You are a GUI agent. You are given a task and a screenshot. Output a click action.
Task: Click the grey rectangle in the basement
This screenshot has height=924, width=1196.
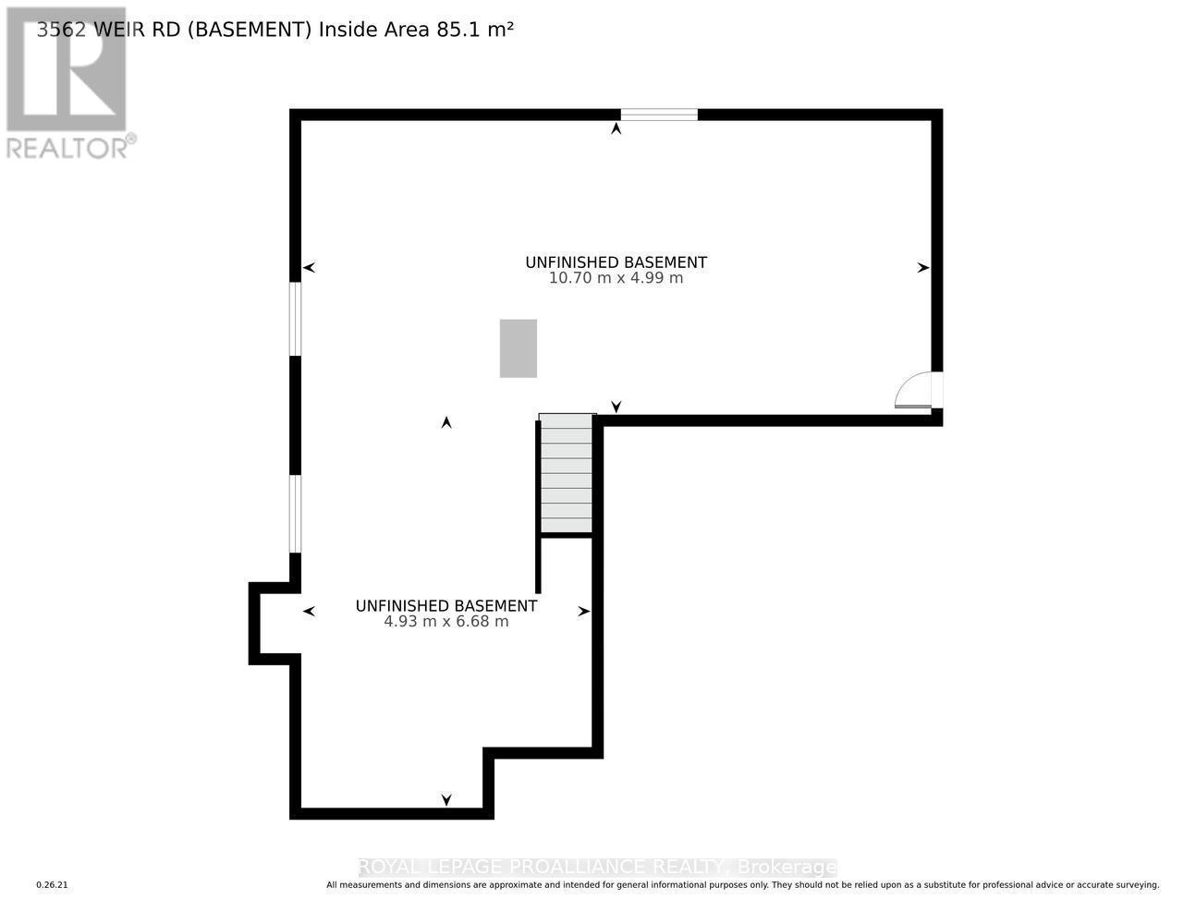[x=518, y=348]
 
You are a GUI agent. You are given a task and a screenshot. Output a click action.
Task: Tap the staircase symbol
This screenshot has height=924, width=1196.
[x=566, y=473]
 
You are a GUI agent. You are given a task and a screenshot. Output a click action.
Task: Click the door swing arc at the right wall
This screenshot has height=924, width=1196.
[x=913, y=389]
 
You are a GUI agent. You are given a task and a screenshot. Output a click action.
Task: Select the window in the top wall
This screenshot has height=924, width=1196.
[x=658, y=115]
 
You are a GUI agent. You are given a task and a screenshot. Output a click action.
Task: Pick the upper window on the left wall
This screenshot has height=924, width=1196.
[x=296, y=319]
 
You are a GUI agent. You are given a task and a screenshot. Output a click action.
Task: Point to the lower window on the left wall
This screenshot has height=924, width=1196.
[x=296, y=514]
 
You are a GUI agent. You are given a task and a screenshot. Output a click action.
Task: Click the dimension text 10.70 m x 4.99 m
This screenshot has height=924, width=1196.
[x=616, y=278]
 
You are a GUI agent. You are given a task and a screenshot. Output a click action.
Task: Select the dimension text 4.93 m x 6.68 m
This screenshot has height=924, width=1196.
[x=446, y=622]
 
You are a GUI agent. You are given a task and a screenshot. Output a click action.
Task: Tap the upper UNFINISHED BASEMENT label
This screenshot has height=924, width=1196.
[x=616, y=262]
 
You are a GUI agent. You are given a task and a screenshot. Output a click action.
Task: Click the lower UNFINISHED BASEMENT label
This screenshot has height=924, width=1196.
[x=446, y=606]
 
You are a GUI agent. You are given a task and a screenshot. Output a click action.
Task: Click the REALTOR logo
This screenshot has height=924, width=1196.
[x=67, y=83]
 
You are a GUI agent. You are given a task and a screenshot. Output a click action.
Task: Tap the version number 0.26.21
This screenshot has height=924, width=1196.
[x=53, y=885]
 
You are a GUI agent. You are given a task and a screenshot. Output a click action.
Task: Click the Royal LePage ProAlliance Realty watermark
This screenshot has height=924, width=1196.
[x=597, y=867]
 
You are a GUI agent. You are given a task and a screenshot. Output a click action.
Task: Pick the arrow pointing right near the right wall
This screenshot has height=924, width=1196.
[x=922, y=268]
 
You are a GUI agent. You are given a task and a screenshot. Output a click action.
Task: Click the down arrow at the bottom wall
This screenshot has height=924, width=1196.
[x=446, y=800]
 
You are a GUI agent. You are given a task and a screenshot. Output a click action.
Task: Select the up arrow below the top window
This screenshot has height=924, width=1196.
[x=616, y=129]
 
